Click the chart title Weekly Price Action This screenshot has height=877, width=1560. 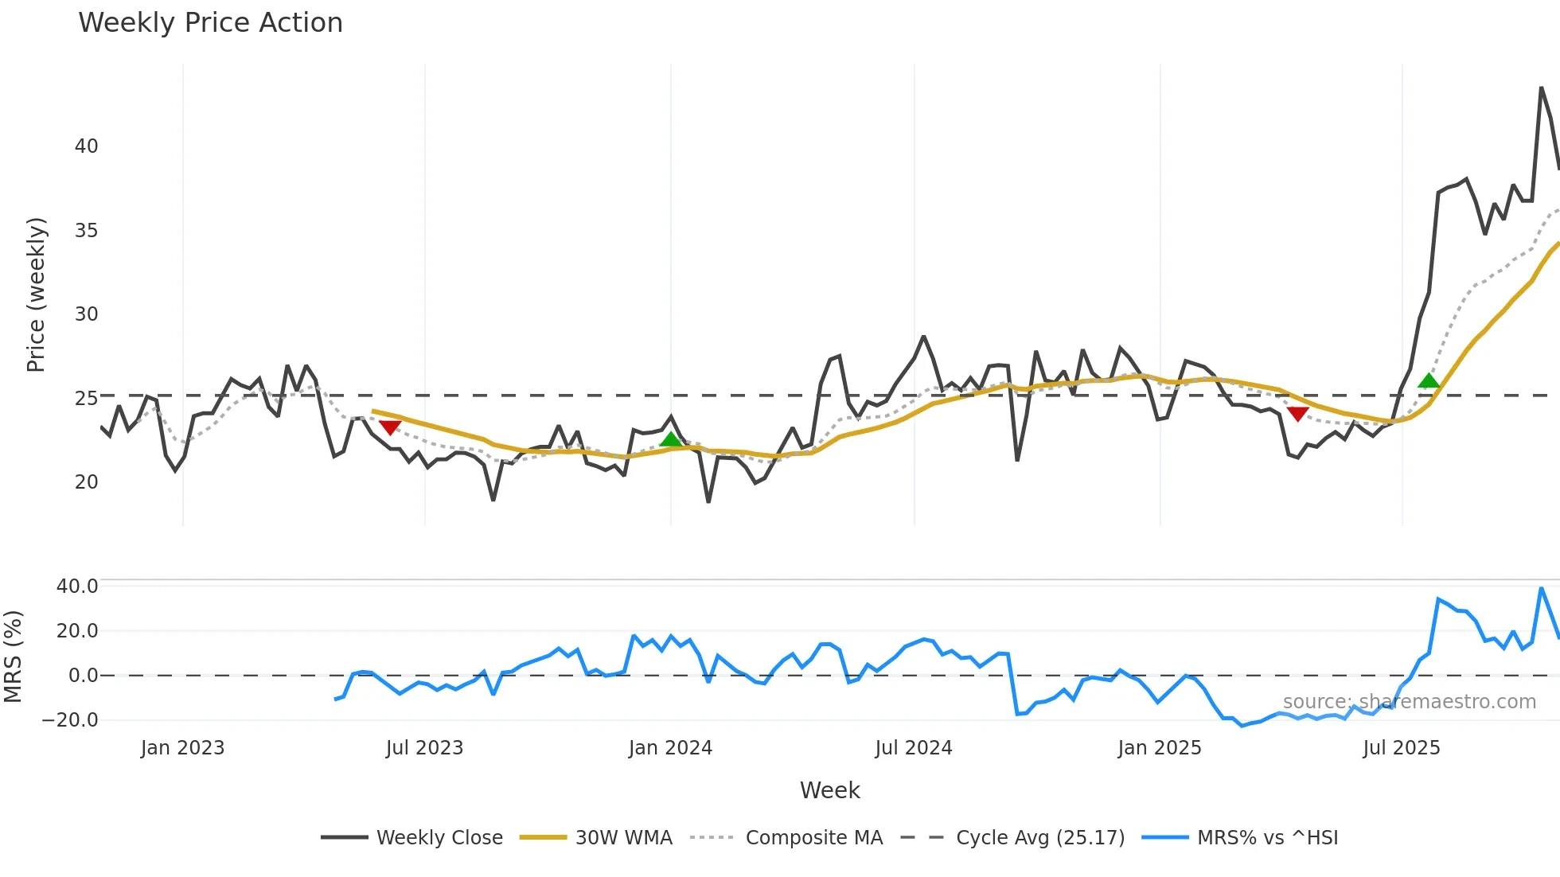210,23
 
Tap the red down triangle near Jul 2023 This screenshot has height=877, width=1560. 390,427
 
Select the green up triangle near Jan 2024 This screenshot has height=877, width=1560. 671,440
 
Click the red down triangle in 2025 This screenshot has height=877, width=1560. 1297,414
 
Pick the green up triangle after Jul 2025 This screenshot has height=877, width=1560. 1429,380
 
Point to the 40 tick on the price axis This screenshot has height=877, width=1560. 86,146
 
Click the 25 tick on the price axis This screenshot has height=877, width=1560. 86,398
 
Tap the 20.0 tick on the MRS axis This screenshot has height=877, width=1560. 77,631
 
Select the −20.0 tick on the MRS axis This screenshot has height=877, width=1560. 70,720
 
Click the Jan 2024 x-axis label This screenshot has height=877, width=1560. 670,748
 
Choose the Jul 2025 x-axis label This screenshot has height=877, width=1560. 1401,748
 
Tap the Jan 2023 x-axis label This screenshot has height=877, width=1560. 182,748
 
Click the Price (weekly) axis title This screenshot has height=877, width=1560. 36,294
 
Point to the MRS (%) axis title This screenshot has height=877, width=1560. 13,657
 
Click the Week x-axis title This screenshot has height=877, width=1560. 829,790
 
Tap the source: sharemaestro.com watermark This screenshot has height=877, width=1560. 1409,702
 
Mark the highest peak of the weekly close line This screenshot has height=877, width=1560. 1541,88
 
